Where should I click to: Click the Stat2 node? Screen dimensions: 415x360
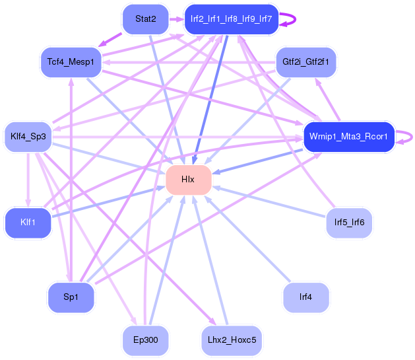(x=146, y=19)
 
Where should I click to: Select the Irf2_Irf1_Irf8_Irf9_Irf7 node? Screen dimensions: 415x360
(x=232, y=19)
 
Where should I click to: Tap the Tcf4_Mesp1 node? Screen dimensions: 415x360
(x=71, y=62)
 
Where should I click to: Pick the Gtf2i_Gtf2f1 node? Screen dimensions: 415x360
(x=306, y=62)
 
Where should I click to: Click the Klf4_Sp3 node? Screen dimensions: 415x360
(x=28, y=137)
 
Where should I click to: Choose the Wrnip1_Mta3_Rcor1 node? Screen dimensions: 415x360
(x=349, y=137)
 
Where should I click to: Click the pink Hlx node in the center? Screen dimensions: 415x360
(x=189, y=180)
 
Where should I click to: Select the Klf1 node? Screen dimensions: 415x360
(x=28, y=223)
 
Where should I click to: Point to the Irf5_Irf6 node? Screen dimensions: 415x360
(x=350, y=223)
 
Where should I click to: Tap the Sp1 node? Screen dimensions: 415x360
(x=71, y=297)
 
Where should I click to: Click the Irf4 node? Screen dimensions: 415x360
(x=306, y=297)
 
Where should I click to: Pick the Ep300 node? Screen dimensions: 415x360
(x=146, y=340)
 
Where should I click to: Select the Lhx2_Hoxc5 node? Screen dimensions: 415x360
(x=232, y=340)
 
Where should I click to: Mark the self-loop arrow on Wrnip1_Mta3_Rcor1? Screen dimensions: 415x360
(x=412, y=137)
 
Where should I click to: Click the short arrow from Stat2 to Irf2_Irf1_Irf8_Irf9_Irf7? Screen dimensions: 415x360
(x=176, y=19)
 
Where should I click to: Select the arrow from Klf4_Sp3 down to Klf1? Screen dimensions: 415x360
(x=28, y=180)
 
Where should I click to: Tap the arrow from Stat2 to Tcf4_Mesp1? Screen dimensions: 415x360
(x=110, y=40)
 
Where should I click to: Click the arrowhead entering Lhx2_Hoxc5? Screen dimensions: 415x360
(x=212, y=321)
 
